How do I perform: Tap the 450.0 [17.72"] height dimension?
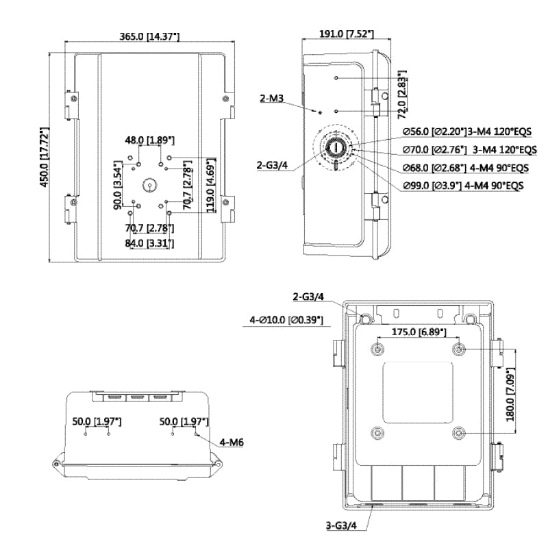click(46, 157)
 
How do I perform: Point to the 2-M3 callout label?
click(272, 99)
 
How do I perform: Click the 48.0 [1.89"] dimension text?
click(149, 140)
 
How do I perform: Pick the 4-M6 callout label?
click(232, 443)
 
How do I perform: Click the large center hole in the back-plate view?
click(151, 186)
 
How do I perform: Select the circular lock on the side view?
click(336, 147)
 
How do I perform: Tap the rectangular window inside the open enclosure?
click(418, 392)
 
